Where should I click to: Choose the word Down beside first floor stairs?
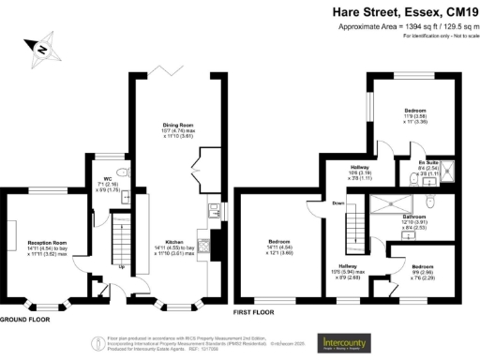point(338,203)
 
